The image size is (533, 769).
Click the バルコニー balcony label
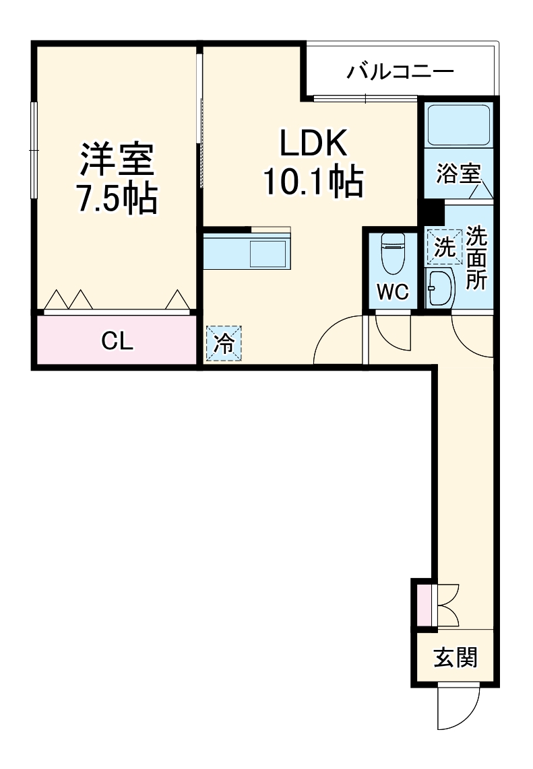[x=400, y=72]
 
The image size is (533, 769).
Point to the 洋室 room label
[x=117, y=159]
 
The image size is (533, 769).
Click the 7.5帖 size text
[x=117, y=198]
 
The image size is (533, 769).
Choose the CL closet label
[x=117, y=342]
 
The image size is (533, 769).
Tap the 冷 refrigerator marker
[x=224, y=343]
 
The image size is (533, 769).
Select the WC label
[x=392, y=292]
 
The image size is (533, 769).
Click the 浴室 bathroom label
[x=458, y=174]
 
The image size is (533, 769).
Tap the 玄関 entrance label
[x=456, y=657]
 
